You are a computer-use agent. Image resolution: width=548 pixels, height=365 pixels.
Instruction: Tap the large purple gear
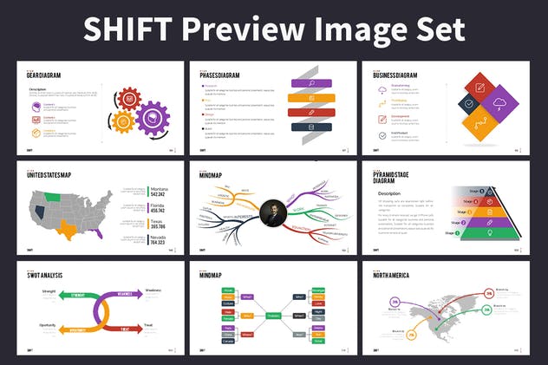(x=153, y=116)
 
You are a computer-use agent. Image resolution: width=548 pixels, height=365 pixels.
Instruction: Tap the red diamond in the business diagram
(x=479, y=87)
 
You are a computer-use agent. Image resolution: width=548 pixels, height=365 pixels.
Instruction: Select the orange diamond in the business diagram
(x=479, y=125)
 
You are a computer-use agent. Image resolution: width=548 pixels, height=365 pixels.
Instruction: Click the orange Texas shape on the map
(x=66, y=227)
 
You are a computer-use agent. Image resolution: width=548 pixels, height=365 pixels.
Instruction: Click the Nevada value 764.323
(x=160, y=243)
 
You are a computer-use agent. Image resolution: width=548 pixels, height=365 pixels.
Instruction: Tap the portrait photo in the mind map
(x=273, y=212)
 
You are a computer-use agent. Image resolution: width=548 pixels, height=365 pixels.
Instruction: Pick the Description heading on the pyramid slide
(x=388, y=192)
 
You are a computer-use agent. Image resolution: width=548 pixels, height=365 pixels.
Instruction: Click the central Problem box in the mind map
(x=272, y=316)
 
